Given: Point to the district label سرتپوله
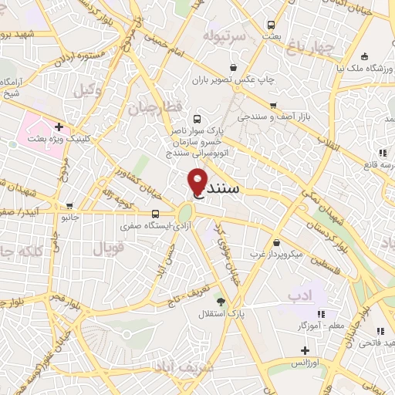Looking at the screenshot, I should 225,35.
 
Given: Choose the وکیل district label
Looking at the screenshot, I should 89,90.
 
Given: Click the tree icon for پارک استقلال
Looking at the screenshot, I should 222,302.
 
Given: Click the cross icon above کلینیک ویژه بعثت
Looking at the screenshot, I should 59,126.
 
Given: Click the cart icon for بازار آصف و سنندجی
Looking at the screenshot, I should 272,105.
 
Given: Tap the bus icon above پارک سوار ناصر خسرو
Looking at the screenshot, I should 198,119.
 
